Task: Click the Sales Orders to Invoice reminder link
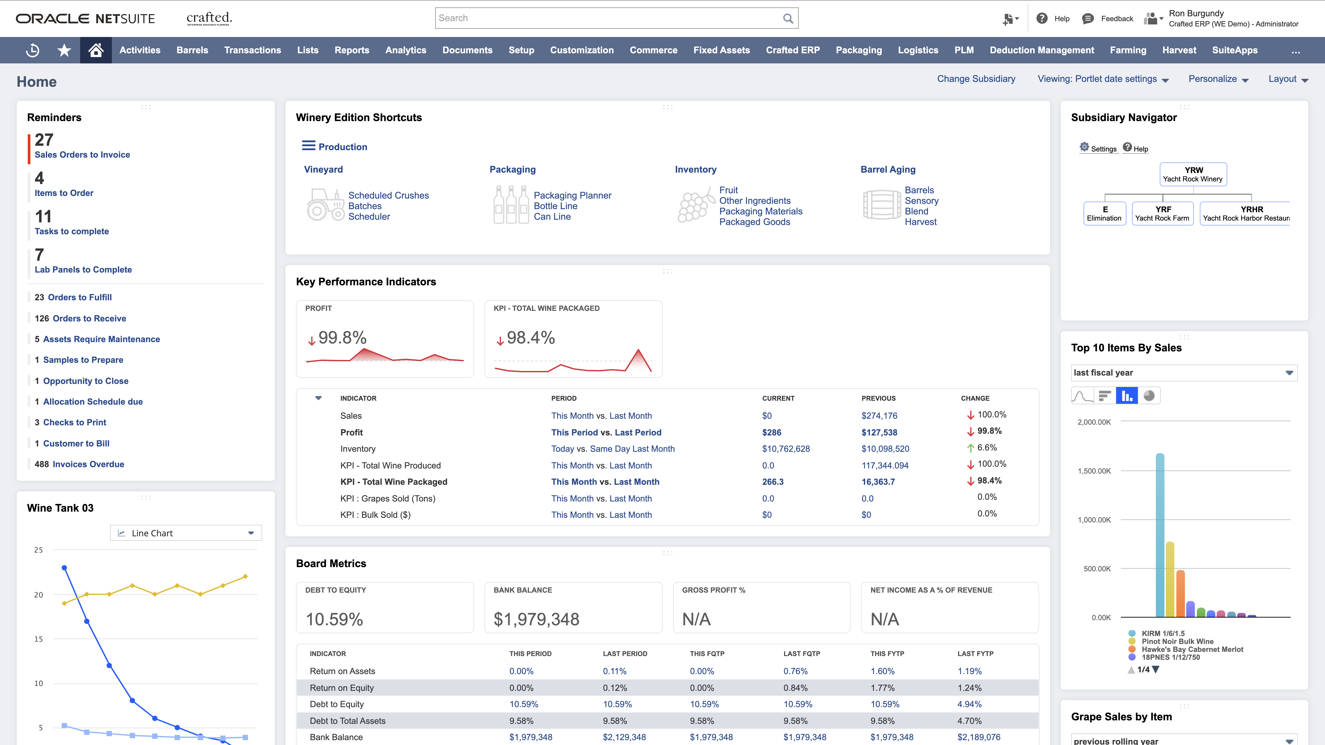[x=82, y=155]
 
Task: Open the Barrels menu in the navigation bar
[x=192, y=50]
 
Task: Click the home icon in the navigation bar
[x=96, y=50]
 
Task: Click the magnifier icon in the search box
[x=788, y=18]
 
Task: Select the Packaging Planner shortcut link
[x=572, y=195]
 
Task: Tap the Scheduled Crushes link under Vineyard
[x=388, y=195]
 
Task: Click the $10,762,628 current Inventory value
[x=785, y=449]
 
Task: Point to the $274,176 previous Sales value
[x=879, y=416]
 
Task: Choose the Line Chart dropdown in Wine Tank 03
[x=186, y=533]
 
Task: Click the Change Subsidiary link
[x=976, y=79]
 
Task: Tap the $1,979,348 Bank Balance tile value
[x=536, y=619]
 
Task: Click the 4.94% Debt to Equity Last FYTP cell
[x=969, y=704]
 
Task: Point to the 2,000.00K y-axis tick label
[x=1094, y=422]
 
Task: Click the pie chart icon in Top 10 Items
[x=1149, y=396]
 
